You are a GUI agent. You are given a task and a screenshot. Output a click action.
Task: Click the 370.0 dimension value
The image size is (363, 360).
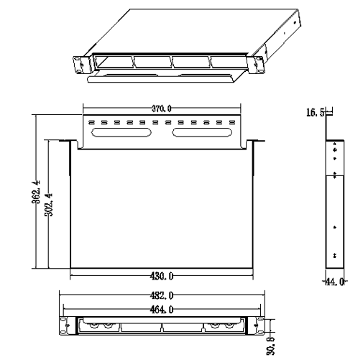pos(162,109)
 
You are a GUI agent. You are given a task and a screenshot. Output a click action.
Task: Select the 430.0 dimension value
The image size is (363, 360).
pos(162,277)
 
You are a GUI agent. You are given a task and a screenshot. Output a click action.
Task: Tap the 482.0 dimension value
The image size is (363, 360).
pos(162,296)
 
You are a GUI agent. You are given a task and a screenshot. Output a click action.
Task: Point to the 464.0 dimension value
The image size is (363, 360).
pos(162,310)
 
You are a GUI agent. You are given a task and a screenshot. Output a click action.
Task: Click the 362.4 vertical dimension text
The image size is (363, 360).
pos(36,192)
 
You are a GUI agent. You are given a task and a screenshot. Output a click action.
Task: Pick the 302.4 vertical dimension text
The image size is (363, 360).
pos(49,205)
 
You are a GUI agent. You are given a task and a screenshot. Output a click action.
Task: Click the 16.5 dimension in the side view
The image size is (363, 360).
pos(316,112)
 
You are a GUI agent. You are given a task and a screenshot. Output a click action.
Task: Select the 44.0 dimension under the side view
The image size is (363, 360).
pos(335,282)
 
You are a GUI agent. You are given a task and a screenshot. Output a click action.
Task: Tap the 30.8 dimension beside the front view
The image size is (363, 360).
pos(270,346)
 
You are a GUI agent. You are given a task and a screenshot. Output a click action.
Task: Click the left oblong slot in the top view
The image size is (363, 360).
pos(121,132)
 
